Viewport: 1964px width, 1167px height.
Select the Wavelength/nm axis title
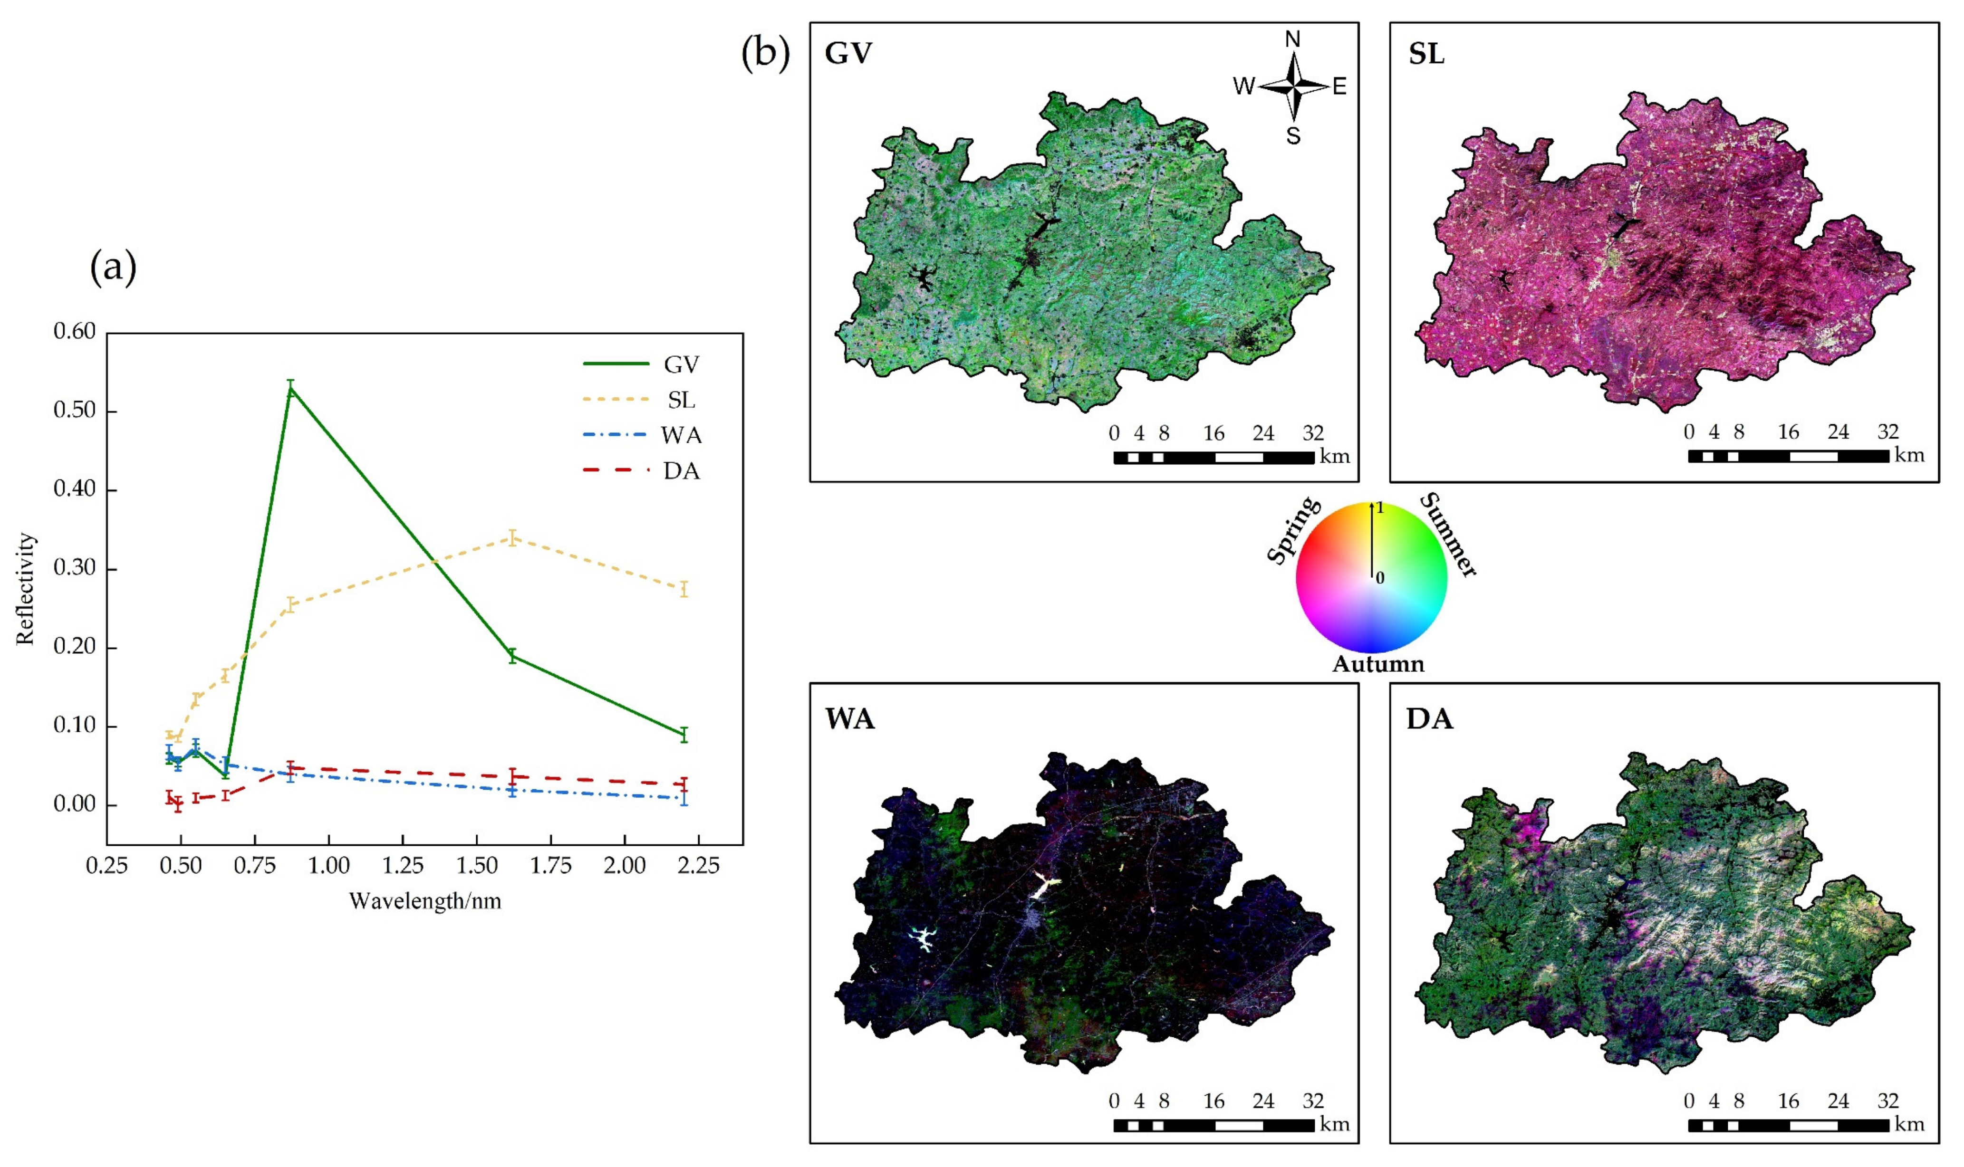pyautogui.click(x=425, y=900)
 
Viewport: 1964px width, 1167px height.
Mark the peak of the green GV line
pyautogui.click(x=291, y=387)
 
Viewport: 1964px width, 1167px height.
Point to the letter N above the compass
pyautogui.click(x=1292, y=39)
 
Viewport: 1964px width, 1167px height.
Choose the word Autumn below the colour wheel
pyautogui.click(x=1377, y=664)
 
